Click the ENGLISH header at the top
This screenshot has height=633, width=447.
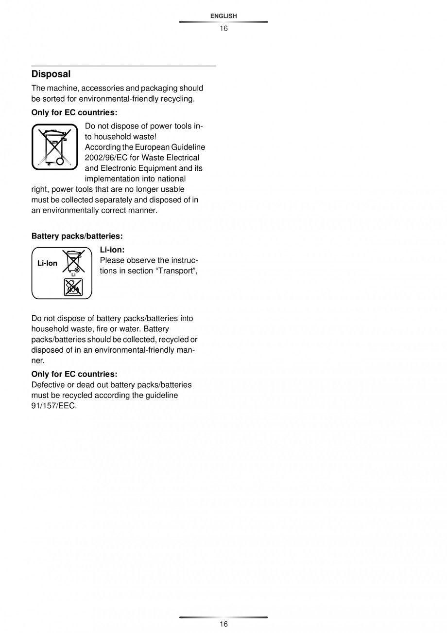click(x=223, y=16)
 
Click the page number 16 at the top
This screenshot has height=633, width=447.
click(x=223, y=28)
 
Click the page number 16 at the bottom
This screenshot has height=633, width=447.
click(x=223, y=624)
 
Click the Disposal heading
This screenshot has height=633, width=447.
click(x=51, y=74)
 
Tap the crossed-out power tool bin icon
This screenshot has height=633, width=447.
click(x=55, y=147)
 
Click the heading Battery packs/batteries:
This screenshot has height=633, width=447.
click(x=77, y=236)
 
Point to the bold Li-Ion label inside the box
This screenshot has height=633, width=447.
click(x=47, y=263)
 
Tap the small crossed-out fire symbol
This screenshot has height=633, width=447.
click(x=73, y=288)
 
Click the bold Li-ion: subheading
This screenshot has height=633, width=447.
click(x=112, y=250)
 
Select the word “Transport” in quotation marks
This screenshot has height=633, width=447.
click(x=176, y=271)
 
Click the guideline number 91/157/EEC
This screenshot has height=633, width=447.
click(x=54, y=406)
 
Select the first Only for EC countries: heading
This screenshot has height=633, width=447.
click(x=74, y=112)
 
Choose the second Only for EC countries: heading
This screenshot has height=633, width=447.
click(x=74, y=374)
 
